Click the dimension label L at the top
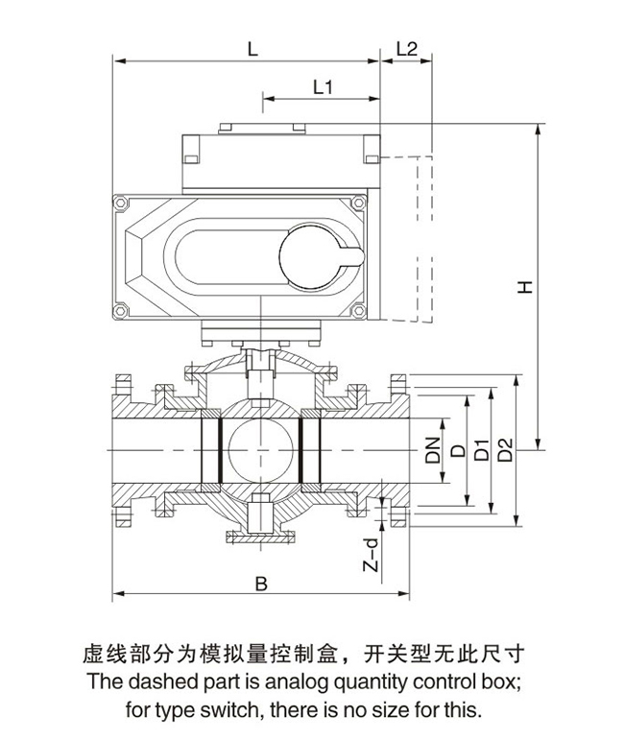click(x=252, y=48)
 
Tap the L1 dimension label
click(x=323, y=86)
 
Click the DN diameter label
click(x=434, y=449)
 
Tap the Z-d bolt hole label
click(x=372, y=555)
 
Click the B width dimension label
click(x=259, y=583)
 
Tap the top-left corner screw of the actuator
click(x=120, y=204)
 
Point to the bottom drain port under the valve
click(x=260, y=523)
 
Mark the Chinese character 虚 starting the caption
click(x=85, y=657)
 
